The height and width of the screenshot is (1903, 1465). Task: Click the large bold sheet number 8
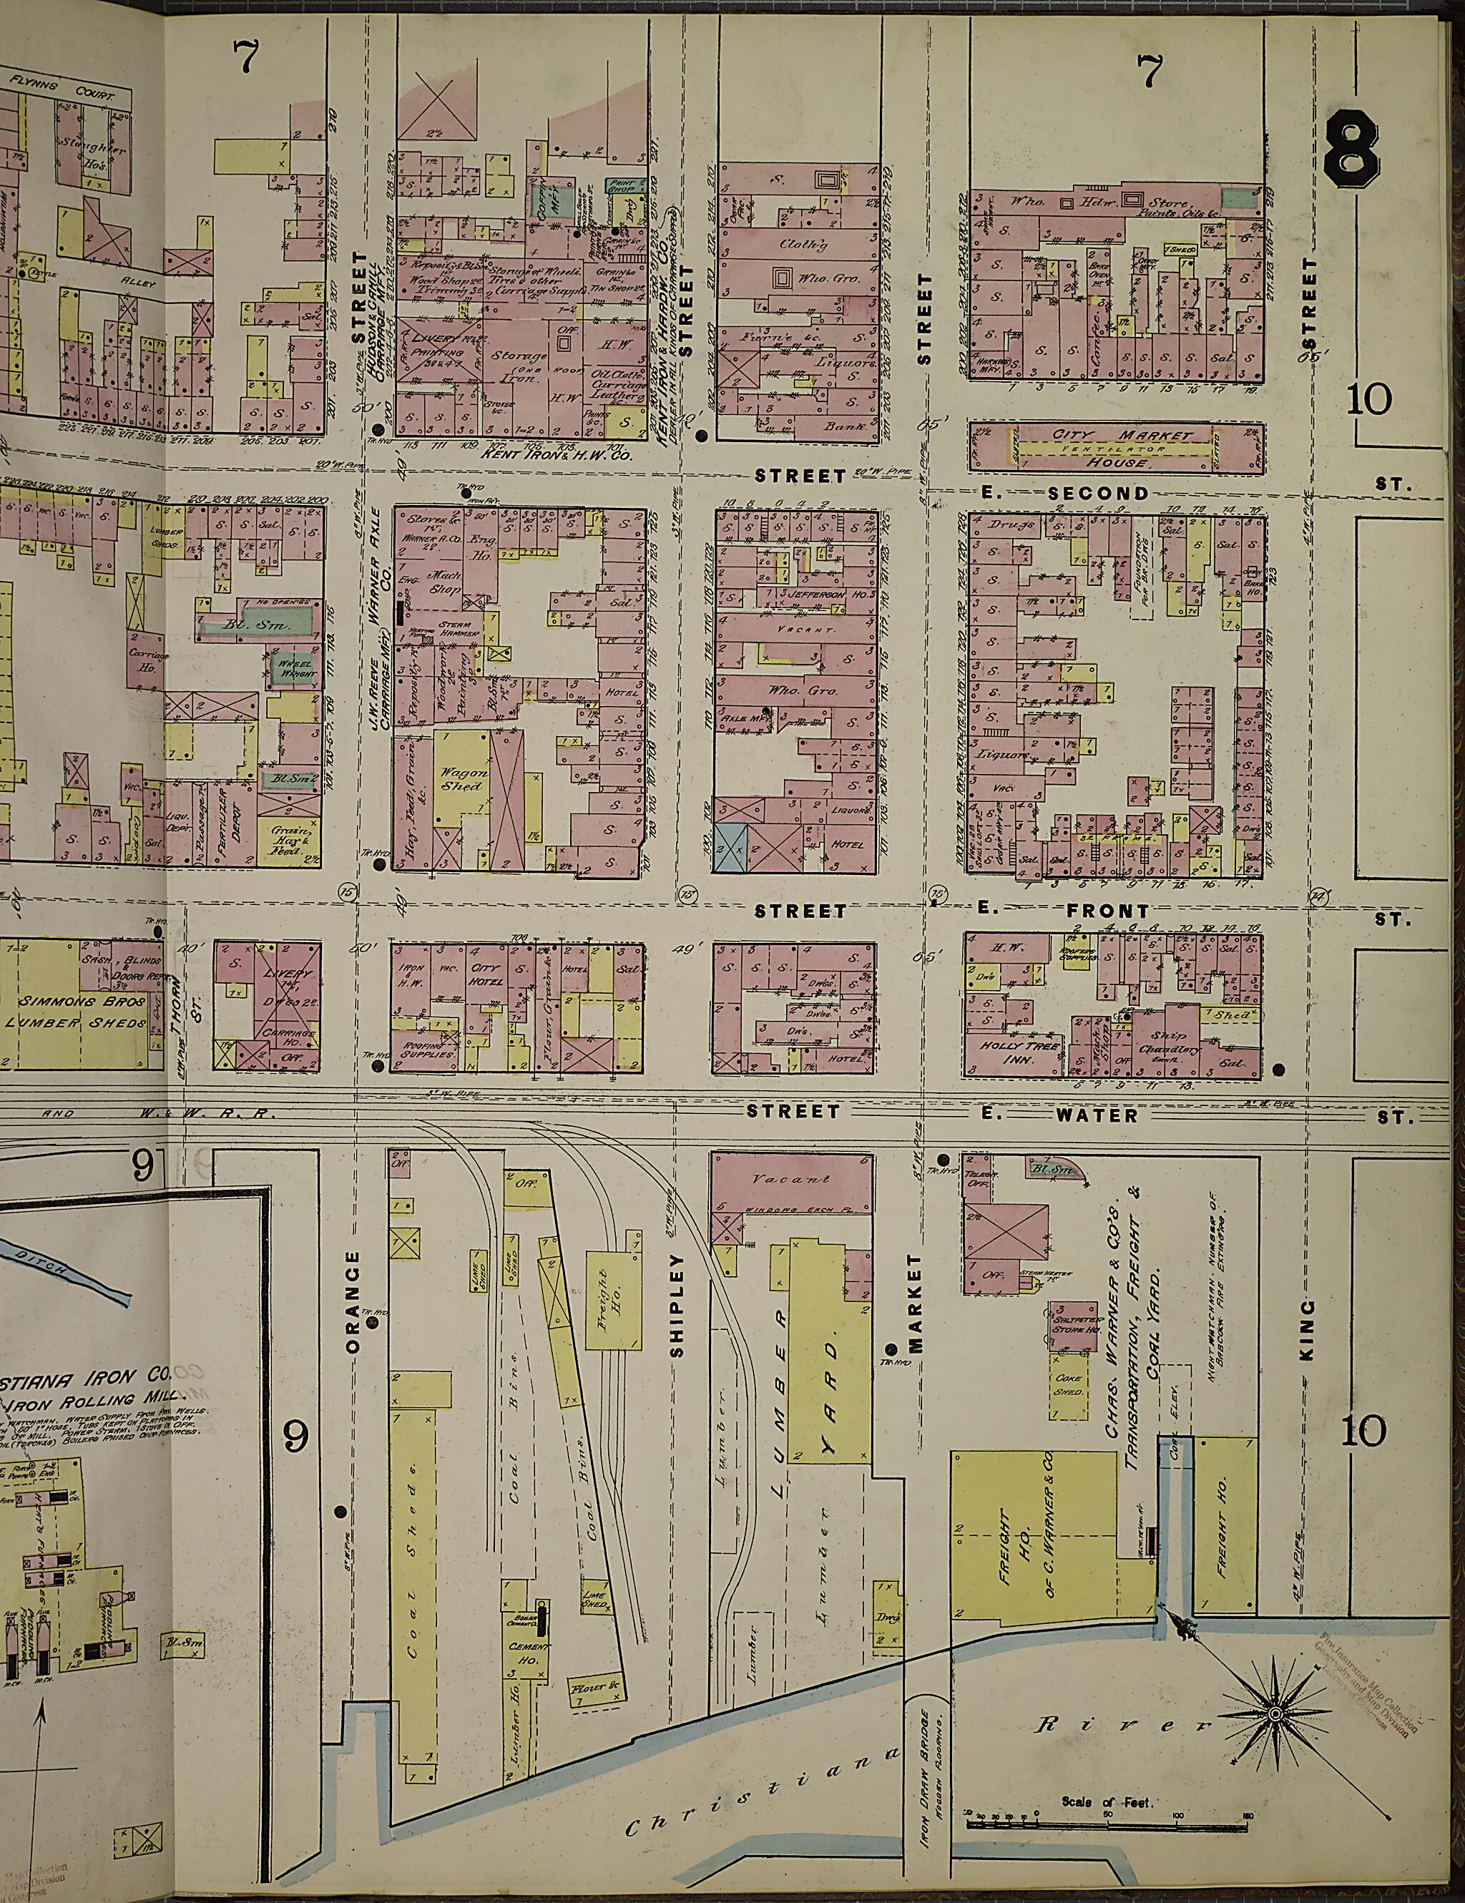point(1350,155)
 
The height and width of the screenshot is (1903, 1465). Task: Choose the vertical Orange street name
point(352,1303)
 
